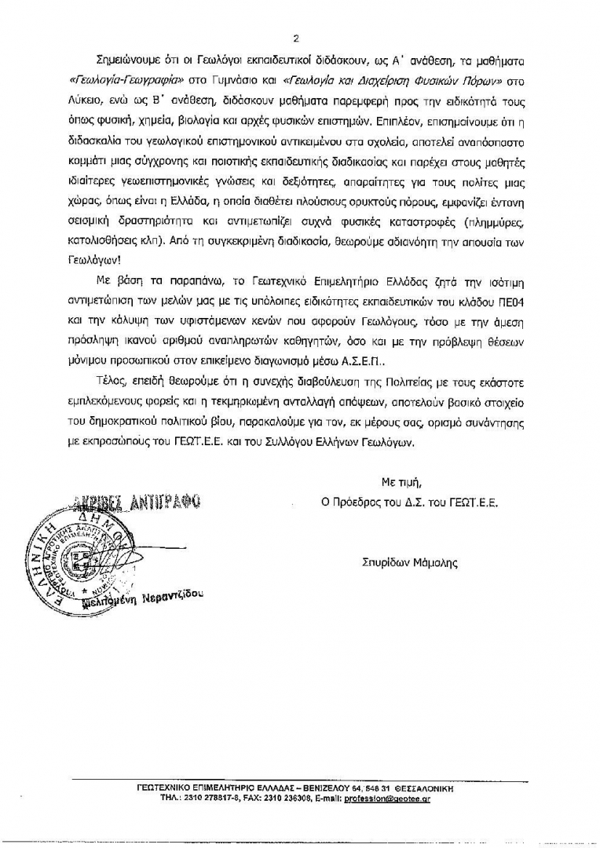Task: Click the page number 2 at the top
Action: [297, 36]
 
